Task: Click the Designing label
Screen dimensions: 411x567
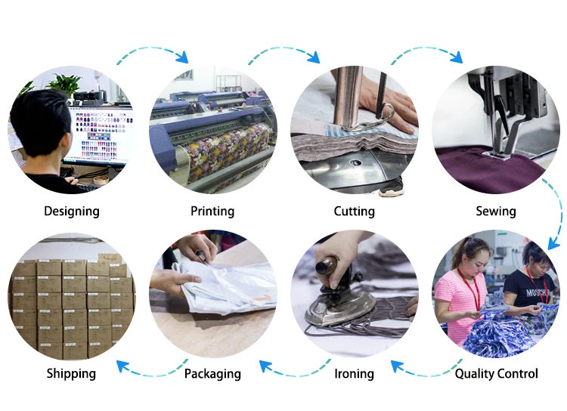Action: tap(72, 211)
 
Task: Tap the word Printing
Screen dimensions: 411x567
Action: tap(212, 211)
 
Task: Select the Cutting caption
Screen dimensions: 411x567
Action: tap(354, 211)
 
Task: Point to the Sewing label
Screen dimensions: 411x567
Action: tap(495, 211)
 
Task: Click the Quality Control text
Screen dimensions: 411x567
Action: tap(496, 373)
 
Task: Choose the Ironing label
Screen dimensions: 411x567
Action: tap(354, 373)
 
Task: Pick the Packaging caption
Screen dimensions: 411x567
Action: tap(212, 373)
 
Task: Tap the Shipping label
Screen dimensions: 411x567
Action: tap(71, 373)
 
